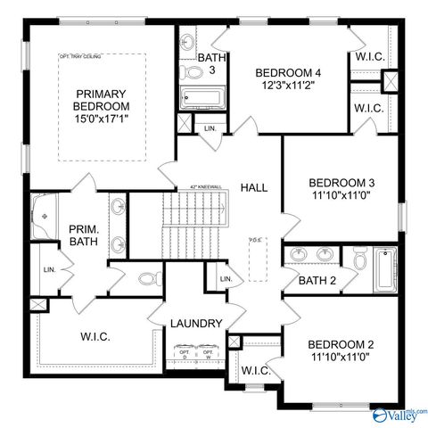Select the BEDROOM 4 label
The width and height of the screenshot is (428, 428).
(287, 73)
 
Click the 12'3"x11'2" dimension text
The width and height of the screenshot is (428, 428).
(287, 86)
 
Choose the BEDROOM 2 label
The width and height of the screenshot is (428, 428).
(340, 345)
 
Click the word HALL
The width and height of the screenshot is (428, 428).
(254, 187)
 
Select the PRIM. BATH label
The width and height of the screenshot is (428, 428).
(86, 236)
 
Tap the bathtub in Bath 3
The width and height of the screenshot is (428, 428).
(204, 98)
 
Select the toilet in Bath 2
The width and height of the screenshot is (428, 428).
(358, 259)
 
